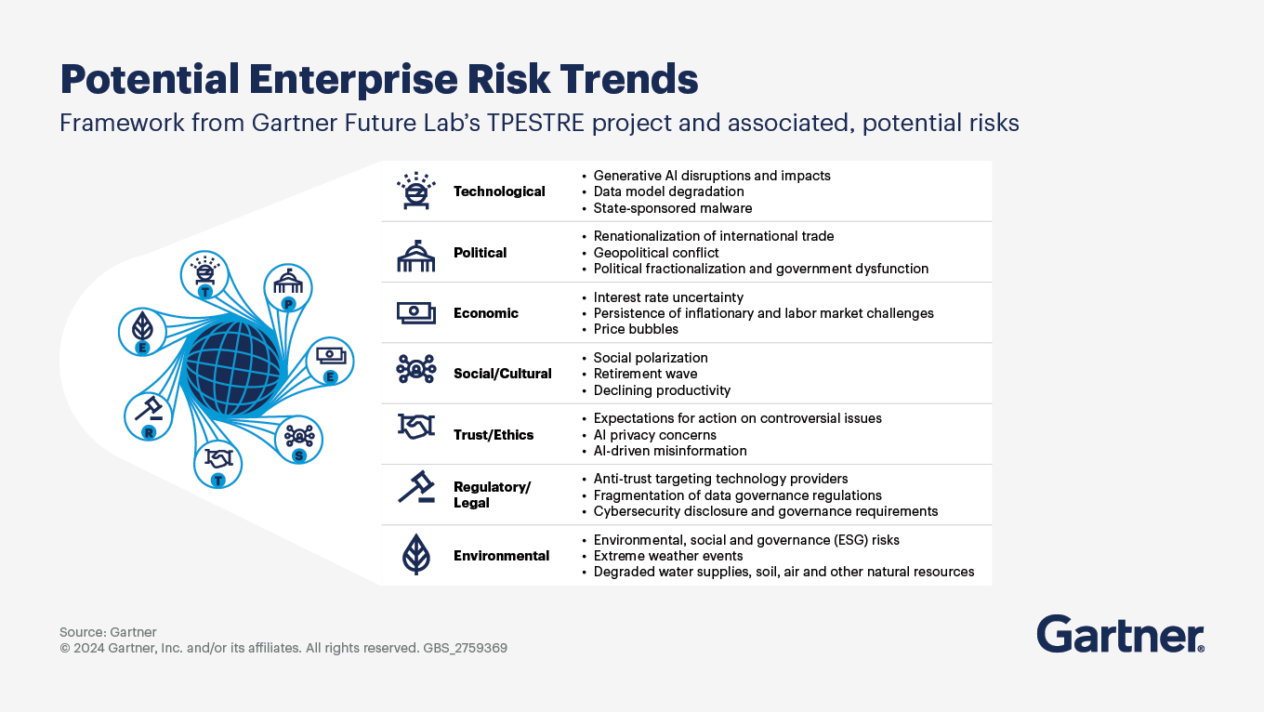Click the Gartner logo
1120,634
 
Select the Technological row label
499,191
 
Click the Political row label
481,252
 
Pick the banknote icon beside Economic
415,312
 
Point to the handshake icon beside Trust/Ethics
416,427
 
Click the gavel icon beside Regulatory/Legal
416,486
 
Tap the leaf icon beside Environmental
415,555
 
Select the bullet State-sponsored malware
673,208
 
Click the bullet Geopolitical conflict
656,253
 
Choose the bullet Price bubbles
636,329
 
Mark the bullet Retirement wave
646,374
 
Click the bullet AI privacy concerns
654,435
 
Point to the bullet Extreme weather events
668,556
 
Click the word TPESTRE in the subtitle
535,123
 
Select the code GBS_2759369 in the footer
465,648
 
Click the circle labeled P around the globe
288,288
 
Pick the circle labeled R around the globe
149,416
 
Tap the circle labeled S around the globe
298,440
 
